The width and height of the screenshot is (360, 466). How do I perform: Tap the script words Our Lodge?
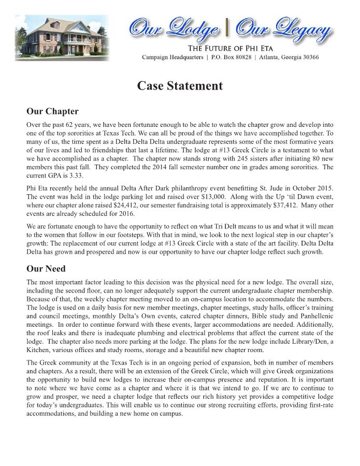[x=174, y=28]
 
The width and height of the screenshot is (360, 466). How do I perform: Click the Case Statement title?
[x=180, y=86]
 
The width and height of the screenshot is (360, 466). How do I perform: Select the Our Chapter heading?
[x=52, y=111]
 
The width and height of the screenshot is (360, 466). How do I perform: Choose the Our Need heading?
[x=46, y=268]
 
